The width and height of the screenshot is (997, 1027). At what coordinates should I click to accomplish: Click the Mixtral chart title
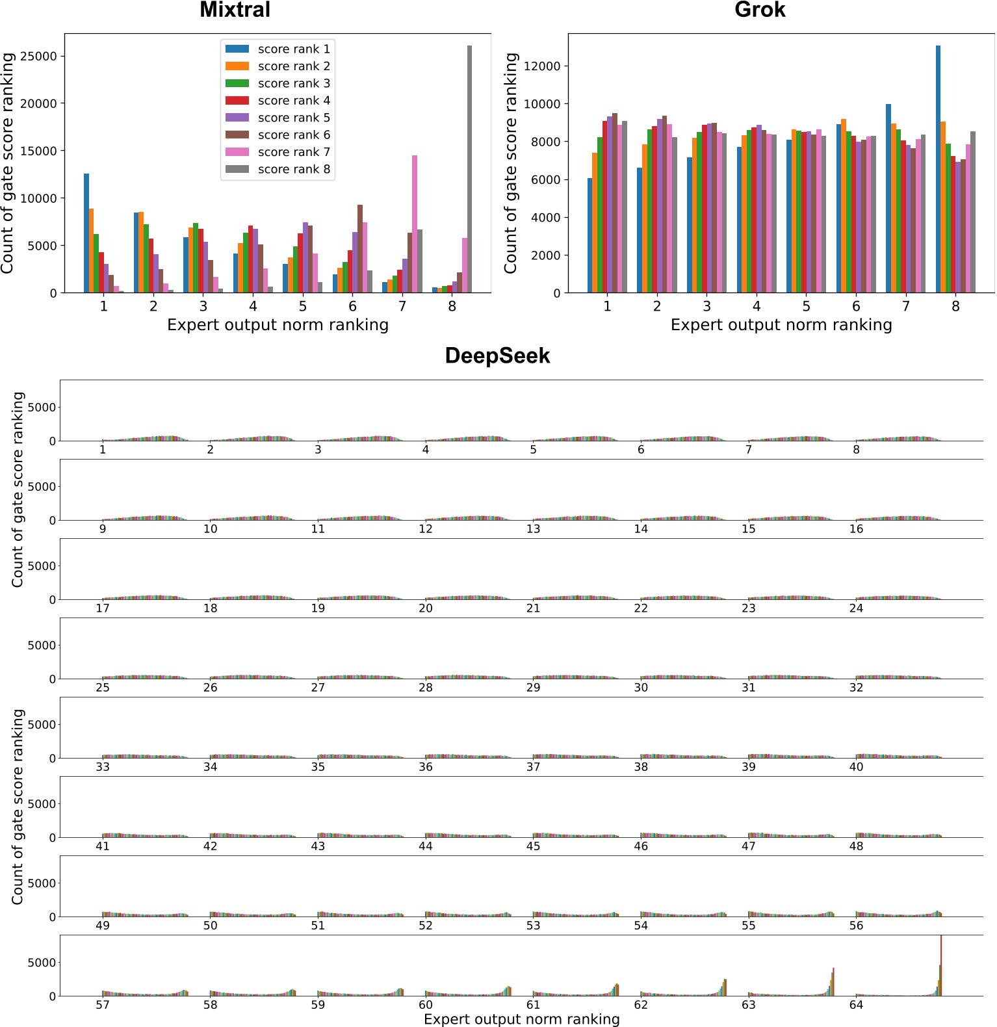[x=235, y=10]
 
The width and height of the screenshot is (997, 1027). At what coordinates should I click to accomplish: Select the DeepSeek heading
[x=497, y=356]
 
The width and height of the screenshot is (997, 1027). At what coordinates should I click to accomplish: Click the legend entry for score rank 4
[x=293, y=100]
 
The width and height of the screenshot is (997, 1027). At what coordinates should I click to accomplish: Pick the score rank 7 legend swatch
[x=237, y=151]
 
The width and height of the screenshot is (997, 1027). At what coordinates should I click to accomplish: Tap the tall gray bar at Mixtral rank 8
[x=469, y=169]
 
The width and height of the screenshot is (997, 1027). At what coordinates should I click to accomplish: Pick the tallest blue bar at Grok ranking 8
[x=938, y=169]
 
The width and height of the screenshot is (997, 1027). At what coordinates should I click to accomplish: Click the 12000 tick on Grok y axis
[x=541, y=66]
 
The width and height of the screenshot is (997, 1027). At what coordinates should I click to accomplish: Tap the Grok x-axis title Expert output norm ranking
[x=781, y=324]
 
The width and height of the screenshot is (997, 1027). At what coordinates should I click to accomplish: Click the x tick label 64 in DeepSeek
[x=856, y=1005]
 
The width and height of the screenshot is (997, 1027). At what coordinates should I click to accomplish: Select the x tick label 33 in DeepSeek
[x=103, y=767]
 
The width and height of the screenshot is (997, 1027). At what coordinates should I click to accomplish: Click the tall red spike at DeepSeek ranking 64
[x=940, y=965]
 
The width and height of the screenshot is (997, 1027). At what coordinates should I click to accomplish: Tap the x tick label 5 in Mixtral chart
[x=303, y=305]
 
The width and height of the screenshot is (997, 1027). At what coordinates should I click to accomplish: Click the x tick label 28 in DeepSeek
[x=426, y=688]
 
